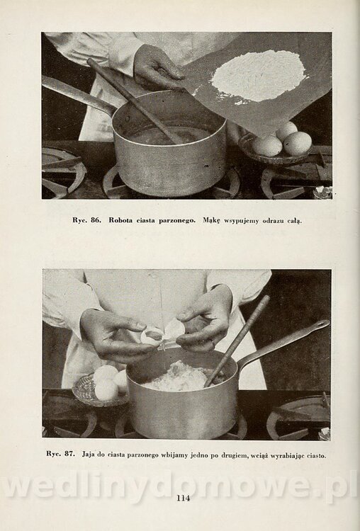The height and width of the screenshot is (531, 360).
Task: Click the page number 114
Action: [183, 498]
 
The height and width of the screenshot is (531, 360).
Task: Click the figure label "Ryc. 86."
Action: [86, 220]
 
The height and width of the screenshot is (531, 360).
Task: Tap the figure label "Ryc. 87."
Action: [60, 454]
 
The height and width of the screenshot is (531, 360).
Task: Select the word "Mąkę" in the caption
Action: [211, 221]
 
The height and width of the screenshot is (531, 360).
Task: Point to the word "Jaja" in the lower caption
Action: [88, 455]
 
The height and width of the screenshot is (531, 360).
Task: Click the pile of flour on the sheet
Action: [259, 76]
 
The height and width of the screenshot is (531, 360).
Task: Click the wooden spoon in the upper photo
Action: [135, 101]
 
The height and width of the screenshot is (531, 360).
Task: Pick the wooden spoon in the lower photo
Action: [237, 341]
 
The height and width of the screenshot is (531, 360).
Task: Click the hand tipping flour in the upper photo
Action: [157, 67]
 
